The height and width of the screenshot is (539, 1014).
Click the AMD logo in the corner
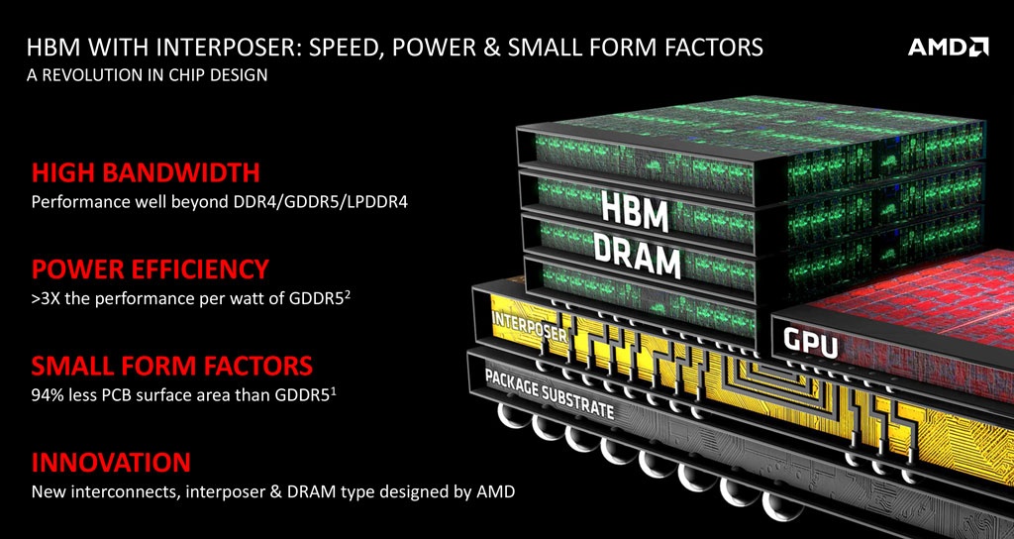pyautogui.click(x=948, y=48)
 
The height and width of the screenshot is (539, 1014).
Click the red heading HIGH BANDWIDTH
pyautogui.click(x=146, y=172)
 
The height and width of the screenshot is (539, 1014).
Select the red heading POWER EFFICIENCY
pyautogui.click(x=151, y=269)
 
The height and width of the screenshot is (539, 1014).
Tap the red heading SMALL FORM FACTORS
pyautogui.click(x=172, y=366)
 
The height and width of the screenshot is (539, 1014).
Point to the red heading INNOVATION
pyautogui.click(x=111, y=463)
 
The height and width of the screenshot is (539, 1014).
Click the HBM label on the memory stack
pyautogui.click(x=634, y=210)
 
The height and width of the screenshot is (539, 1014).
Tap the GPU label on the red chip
pyautogui.click(x=810, y=343)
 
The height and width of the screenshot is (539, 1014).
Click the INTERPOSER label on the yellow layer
pyautogui.click(x=530, y=326)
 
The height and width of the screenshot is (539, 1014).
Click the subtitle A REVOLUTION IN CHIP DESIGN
pyautogui.click(x=147, y=75)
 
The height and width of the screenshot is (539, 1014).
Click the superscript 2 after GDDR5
pyautogui.click(x=348, y=295)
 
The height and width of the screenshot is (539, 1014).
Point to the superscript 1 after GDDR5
pyautogui.click(x=333, y=389)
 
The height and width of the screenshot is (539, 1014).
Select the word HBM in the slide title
pyautogui.click(x=53, y=48)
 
